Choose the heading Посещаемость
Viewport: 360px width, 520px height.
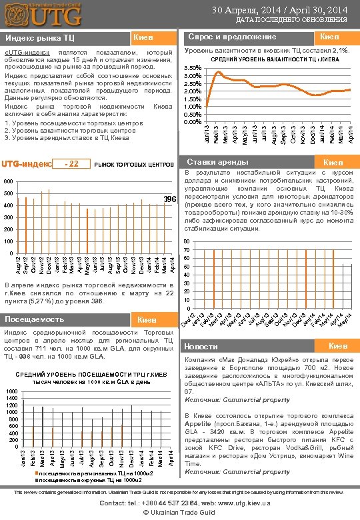35,319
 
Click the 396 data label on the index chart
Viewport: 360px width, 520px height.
170,199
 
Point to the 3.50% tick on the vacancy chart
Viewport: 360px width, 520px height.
192,68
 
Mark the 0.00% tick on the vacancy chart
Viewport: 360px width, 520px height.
192,121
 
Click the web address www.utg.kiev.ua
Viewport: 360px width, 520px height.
226,503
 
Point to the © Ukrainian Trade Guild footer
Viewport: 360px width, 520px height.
179,512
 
